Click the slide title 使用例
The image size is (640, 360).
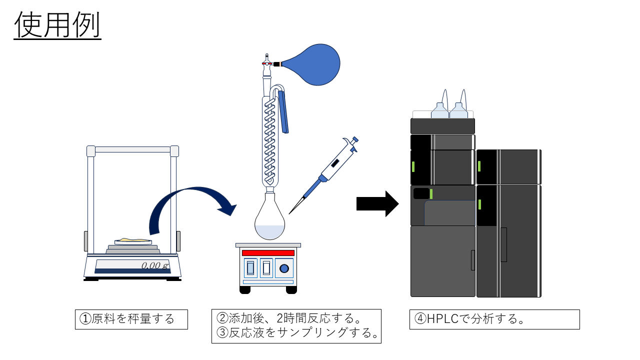tap(57, 25)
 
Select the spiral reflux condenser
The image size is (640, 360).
tap(269, 140)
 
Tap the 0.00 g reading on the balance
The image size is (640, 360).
tap(154, 265)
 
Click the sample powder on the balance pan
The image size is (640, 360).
tap(132, 240)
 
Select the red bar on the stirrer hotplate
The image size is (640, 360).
tap(268, 253)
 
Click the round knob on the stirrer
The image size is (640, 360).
tap(284, 269)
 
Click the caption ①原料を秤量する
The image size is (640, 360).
tap(131, 319)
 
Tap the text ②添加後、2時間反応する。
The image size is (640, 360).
tap(289, 318)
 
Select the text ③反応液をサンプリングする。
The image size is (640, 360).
tap(297, 333)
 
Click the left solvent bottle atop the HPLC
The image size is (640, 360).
tap(439, 110)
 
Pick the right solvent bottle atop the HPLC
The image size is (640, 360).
tap(458, 110)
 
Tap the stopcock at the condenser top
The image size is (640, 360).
tap(267, 63)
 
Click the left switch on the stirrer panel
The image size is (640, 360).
tap(250, 269)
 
